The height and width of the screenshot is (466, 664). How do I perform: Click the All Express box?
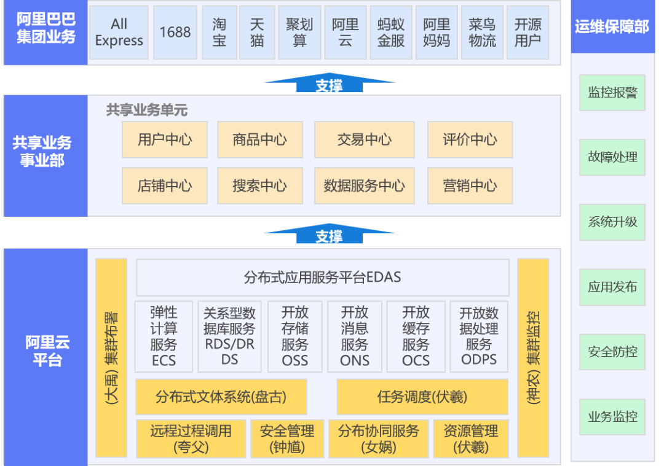[119, 33]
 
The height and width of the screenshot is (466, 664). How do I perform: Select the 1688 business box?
[175, 33]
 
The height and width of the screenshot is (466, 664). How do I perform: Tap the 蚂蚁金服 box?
[391, 33]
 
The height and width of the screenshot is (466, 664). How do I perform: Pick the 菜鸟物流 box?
[482, 33]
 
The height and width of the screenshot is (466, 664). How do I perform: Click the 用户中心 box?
[165, 139]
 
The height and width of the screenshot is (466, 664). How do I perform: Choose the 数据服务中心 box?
[365, 185]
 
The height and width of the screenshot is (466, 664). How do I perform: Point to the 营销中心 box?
[470, 185]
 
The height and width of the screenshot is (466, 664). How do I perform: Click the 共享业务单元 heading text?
[146, 111]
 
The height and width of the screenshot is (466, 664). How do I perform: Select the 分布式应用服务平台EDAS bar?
[322, 278]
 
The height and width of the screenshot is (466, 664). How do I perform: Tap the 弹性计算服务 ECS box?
[164, 336]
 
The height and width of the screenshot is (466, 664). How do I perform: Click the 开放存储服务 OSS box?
[295, 336]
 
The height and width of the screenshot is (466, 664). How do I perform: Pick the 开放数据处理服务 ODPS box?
[479, 336]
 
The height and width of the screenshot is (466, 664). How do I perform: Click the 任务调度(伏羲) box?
[422, 397]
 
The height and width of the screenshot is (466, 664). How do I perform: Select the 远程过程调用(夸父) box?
[191, 439]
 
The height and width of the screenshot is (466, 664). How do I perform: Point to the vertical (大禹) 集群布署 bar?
[111, 358]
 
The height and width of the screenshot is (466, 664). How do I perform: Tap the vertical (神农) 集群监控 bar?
[533, 358]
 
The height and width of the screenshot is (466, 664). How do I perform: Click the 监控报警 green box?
[612, 93]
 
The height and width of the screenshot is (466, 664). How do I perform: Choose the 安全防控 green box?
[612, 352]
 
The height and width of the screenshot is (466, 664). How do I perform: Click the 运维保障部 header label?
[612, 26]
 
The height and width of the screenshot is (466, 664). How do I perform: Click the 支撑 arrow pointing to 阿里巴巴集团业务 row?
[329, 85]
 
